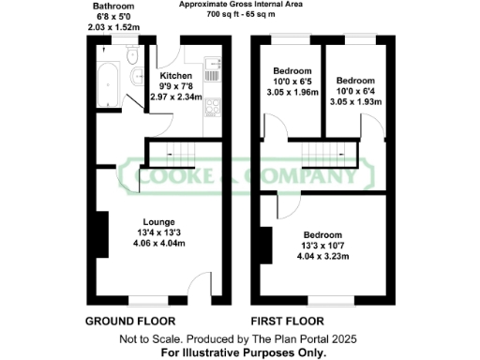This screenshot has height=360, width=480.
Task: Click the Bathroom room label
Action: pos(112,7)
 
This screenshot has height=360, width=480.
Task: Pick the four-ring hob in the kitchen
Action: pos(212,106)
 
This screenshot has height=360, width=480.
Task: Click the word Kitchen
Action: pos(175,76)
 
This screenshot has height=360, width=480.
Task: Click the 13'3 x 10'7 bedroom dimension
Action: pos(322,246)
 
